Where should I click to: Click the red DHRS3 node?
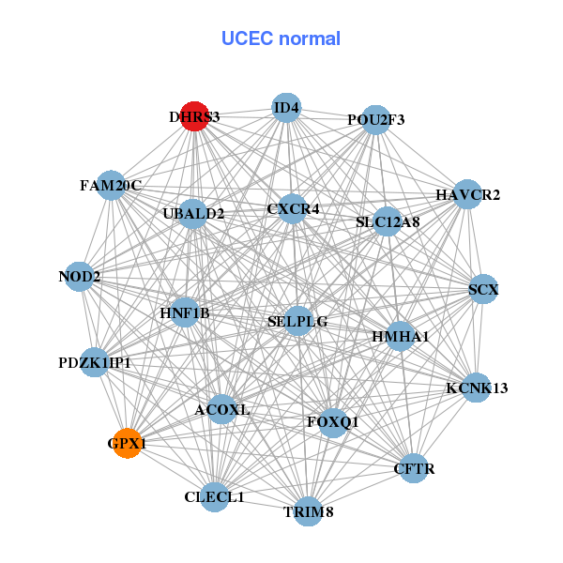coord(194,116)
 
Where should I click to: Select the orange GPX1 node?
coord(127,443)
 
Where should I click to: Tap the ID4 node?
coord(286,108)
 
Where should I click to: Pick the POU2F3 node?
coord(375,119)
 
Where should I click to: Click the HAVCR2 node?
coord(467,194)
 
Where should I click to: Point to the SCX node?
coord(483,290)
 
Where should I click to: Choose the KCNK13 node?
coord(477,388)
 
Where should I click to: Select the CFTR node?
coord(414,467)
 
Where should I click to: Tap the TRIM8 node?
coord(308,511)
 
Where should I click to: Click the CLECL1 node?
coord(215,496)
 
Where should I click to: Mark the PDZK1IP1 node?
coord(94,362)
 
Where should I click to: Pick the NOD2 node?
coord(80,277)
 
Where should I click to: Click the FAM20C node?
coord(111,186)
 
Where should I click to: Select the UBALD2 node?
coord(193,214)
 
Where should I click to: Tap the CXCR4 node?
coord(294,208)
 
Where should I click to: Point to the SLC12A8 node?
coord(388,222)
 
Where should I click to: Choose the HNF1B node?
coord(185,312)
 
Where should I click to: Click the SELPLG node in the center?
coord(297,321)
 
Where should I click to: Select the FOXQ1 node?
coord(332,422)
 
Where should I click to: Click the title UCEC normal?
coord(281,38)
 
